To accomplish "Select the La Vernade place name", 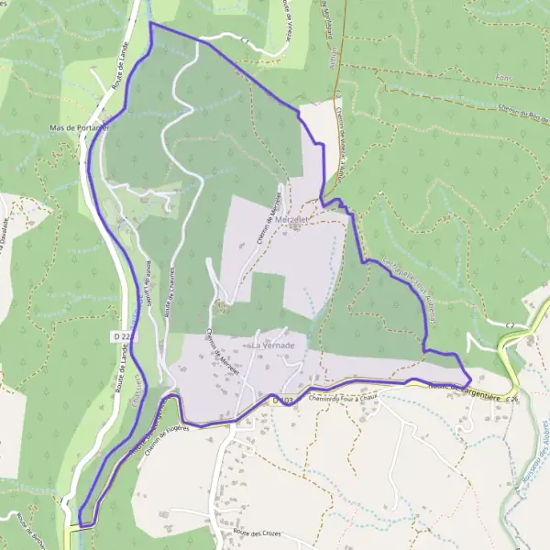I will coord(272,344).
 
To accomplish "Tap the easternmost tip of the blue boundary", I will coord(471,377).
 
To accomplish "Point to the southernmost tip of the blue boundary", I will coord(82,526).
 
